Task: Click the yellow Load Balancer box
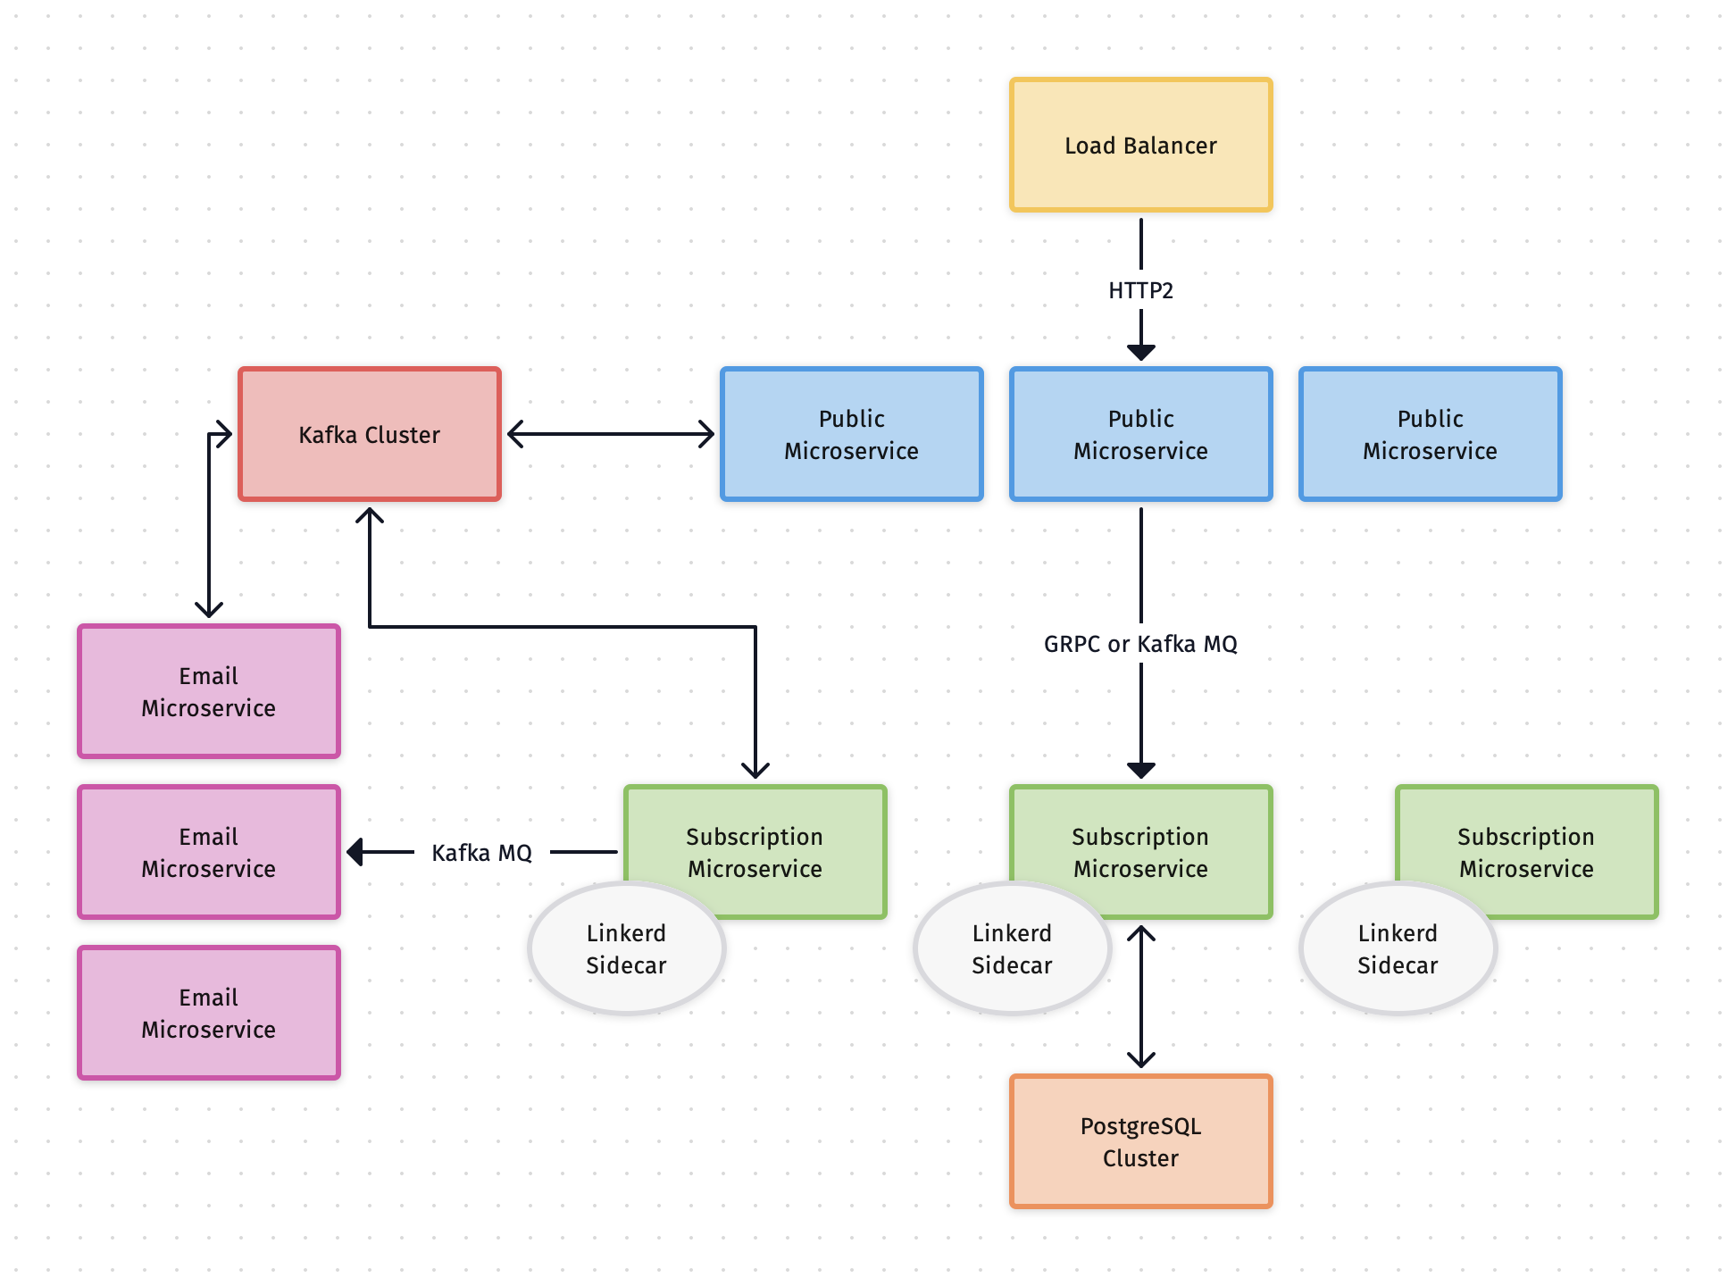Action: (1140, 145)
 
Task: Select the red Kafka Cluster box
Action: (369, 434)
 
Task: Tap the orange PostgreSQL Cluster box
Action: (1140, 1141)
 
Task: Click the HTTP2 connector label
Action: (1140, 290)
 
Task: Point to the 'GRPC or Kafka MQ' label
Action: (1140, 644)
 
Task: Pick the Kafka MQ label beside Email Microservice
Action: (481, 853)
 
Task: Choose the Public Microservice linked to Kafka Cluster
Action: (851, 434)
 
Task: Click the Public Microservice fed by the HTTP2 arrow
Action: (1140, 434)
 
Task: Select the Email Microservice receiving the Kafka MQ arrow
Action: (208, 852)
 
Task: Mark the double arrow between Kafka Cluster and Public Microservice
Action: (611, 435)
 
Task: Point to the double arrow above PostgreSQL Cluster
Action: (1141, 997)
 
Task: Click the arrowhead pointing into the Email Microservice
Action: (355, 852)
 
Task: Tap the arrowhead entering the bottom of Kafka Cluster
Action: (370, 516)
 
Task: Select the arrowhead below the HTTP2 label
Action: (1141, 352)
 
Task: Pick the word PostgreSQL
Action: (1140, 1126)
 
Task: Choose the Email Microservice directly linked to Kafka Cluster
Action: (208, 691)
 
